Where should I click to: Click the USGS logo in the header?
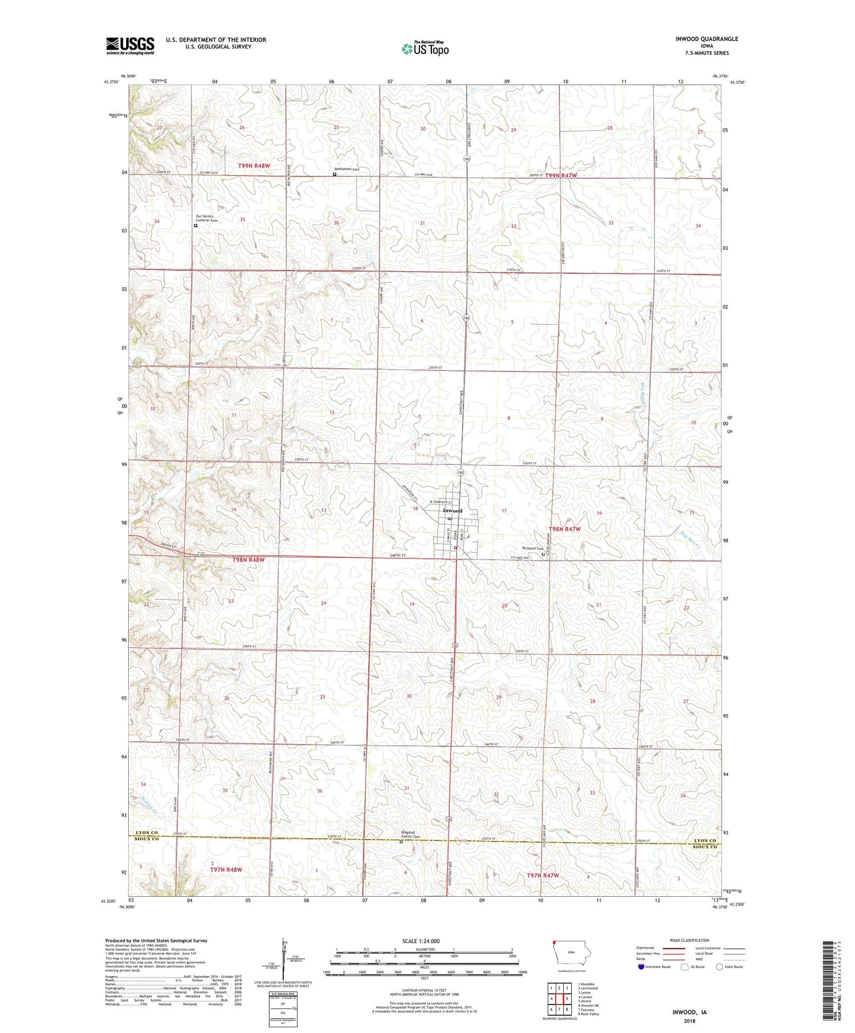(x=130, y=46)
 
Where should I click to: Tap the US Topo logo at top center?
(x=425, y=49)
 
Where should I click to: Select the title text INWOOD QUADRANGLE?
(x=705, y=39)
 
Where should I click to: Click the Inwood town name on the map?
(x=453, y=511)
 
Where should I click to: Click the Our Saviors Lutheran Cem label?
(x=206, y=218)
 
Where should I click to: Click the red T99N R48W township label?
(x=254, y=166)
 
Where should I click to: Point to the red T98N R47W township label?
(x=564, y=529)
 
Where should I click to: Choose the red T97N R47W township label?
(x=542, y=875)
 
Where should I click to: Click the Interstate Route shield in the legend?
(x=641, y=967)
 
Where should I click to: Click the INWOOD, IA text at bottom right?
(x=689, y=1012)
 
